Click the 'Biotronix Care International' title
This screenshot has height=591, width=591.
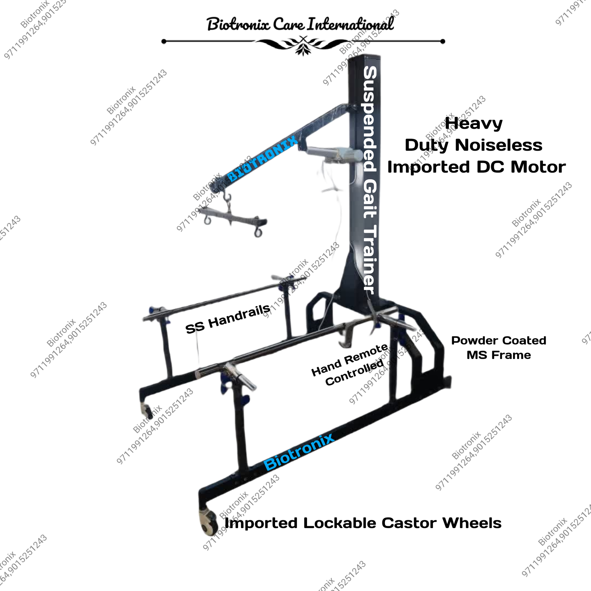tap(300, 24)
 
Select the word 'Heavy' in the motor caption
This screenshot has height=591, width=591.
tap(474, 124)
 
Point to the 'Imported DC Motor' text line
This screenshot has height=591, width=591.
tap(476, 167)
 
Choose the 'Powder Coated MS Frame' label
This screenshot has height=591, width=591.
tap(499, 348)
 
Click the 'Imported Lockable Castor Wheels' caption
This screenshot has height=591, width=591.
tap(363, 523)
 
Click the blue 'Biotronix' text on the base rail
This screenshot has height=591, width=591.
tap(299, 452)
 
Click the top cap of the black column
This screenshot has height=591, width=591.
tap(365, 57)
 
